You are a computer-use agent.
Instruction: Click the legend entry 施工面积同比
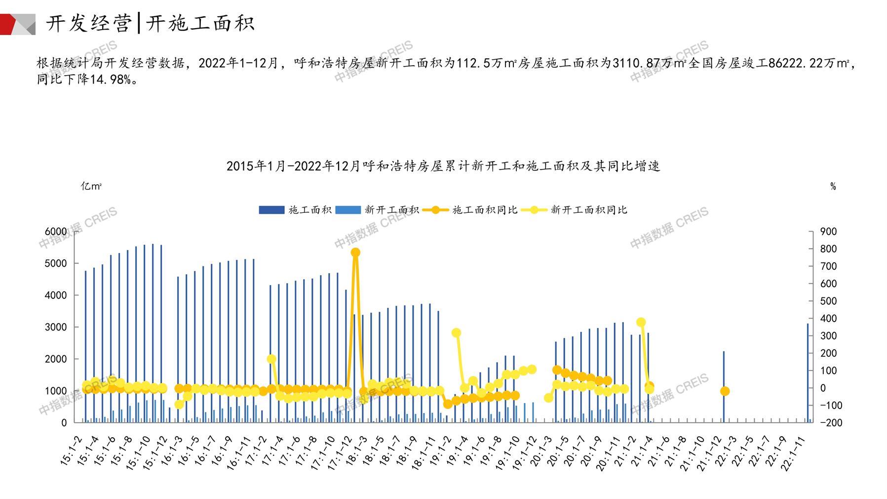click(484, 210)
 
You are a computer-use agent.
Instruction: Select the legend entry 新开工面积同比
click(588, 210)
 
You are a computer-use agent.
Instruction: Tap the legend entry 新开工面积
click(391, 210)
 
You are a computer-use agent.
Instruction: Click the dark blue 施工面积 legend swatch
click(271, 210)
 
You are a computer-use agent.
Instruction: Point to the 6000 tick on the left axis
click(56, 232)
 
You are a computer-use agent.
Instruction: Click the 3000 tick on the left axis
click(56, 327)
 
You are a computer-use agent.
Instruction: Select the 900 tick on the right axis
click(828, 232)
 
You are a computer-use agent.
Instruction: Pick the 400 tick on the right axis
click(828, 319)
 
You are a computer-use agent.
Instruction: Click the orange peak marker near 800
click(355, 252)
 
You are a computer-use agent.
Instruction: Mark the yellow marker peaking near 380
click(641, 323)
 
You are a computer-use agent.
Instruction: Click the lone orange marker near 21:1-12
click(725, 391)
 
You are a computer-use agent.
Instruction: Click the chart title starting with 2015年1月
click(443, 166)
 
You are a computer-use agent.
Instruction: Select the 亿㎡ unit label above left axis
click(91, 186)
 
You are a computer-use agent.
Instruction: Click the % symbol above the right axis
click(833, 186)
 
